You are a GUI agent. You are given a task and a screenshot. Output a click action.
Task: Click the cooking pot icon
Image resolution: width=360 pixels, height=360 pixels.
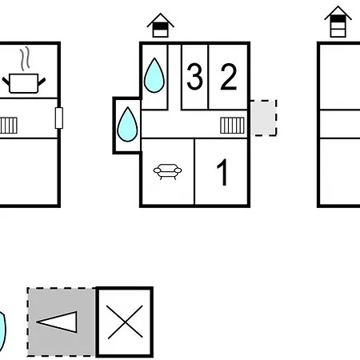[24, 83]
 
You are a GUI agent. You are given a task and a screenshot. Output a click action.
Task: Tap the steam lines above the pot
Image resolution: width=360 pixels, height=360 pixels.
[25, 58]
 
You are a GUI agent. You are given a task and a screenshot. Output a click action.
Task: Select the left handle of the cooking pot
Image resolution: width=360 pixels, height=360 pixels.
[6, 82]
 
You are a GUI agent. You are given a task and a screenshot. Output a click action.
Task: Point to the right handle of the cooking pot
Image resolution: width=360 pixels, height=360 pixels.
[42, 82]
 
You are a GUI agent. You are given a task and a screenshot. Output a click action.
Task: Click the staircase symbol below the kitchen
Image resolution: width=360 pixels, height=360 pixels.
[9, 126]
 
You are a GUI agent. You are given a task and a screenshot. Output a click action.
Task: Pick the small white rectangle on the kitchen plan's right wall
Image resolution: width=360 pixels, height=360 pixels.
[59, 118]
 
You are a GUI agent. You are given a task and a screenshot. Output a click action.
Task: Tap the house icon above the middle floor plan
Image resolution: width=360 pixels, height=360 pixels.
[160, 25]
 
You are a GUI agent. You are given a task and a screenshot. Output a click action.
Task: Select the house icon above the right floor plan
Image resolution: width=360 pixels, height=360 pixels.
[338, 22]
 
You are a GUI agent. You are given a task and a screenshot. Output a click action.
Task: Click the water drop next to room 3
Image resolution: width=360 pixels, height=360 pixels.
[154, 75]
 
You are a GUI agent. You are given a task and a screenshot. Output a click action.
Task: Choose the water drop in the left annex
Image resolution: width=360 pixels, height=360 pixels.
[127, 124]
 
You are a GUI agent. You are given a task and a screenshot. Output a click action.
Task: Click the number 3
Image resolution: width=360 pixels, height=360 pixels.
[194, 77]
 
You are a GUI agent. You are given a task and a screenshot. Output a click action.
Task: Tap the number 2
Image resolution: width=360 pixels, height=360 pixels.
[229, 77]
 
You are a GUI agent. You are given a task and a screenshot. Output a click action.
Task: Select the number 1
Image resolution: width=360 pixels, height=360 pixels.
[222, 172]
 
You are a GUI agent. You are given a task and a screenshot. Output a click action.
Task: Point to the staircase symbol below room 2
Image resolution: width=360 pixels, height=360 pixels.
[232, 126]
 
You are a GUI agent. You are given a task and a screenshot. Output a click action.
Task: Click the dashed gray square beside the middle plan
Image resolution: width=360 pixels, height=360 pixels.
[264, 118]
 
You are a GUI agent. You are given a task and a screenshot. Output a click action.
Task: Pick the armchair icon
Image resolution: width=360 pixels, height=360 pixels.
[167, 171]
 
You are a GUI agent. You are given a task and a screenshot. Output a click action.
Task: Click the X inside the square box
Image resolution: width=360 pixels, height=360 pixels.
[125, 322]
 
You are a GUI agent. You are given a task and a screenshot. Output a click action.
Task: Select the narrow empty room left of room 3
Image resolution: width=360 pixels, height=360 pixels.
[174, 77]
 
